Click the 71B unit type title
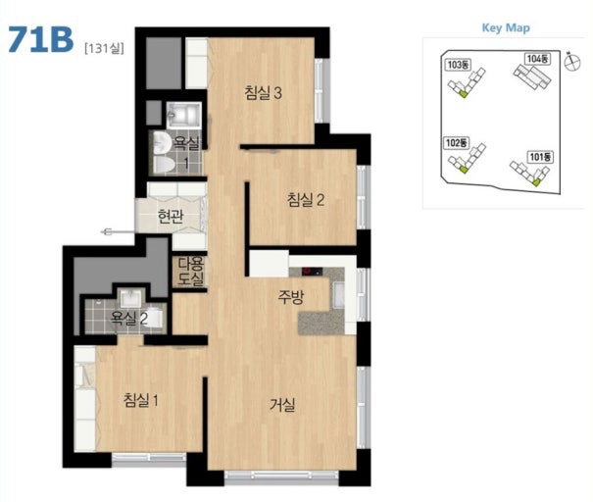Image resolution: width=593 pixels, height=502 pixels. (40, 39)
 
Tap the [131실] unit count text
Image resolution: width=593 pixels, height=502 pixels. (104, 48)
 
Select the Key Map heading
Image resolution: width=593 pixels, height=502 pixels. (506, 28)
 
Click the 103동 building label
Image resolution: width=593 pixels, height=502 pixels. (457, 65)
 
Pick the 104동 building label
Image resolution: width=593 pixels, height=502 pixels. (537, 59)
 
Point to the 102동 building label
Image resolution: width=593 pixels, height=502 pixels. (456, 142)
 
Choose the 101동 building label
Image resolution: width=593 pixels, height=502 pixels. (540, 157)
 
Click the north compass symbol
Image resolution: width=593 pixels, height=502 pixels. (571, 62)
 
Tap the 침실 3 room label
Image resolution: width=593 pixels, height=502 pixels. (264, 93)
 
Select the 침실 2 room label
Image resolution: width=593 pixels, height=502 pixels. (306, 199)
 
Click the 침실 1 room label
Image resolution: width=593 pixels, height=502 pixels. (141, 400)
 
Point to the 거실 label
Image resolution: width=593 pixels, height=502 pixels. (282, 405)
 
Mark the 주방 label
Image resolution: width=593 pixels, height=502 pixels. (290, 297)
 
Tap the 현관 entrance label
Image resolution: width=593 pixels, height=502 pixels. (171, 216)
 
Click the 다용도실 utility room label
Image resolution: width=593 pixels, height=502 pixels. (191, 271)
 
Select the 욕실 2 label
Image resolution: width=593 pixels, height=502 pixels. (129, 319)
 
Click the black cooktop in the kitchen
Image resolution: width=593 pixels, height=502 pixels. (312, 272)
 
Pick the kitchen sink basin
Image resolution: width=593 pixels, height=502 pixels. (338, 294)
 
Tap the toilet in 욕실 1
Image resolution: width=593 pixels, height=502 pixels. (164, 165)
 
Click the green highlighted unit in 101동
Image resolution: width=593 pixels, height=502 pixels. (535, 182)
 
